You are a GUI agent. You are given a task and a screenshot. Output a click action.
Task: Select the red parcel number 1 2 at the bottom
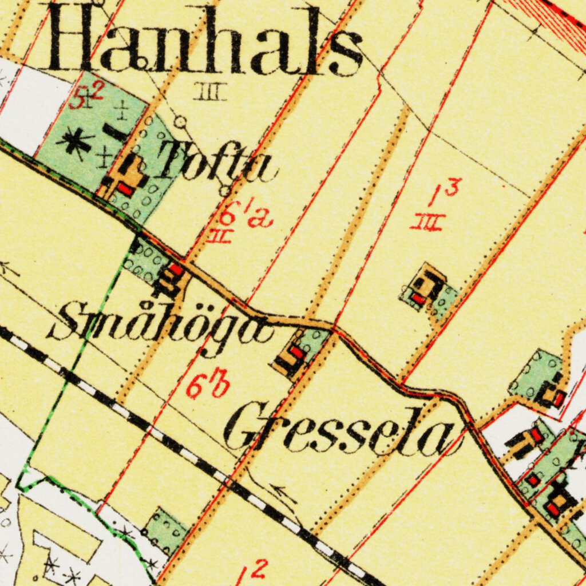[x=252, y=572]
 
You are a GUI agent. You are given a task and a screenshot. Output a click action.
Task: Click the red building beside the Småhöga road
[x=176, y=269]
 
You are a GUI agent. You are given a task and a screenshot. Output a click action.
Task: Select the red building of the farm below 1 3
[x=418, y=298]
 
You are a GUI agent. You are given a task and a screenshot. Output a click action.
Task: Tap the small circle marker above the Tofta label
[x=181, y=121]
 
